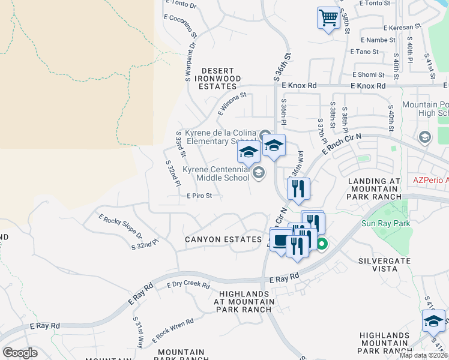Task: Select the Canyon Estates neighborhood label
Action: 223,239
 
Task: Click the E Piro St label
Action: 199,196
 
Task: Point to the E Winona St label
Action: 232,104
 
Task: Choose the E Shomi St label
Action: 367,74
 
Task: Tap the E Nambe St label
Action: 378,40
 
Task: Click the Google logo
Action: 20,353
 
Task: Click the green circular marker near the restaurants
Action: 322,244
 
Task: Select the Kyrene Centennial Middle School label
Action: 215,173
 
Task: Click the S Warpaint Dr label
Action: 190,60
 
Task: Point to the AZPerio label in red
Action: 430,180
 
